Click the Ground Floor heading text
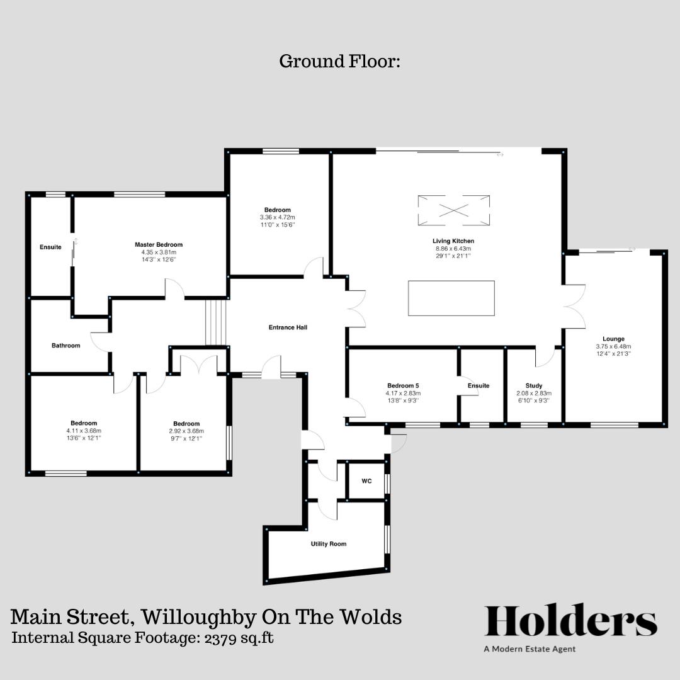point(339,62)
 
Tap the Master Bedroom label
point(159,244)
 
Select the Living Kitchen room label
point(453,241)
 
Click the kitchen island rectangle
point(451,298)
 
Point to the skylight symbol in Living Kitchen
point(454,210)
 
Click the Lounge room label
point(613,339)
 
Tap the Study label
point(534,386)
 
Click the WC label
point(366,481)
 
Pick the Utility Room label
point(329,543)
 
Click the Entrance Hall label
point(288,327)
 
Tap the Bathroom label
point(66,345)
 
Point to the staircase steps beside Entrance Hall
point(215,322)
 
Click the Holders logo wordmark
point(570,621)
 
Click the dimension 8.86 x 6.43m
point(453,249)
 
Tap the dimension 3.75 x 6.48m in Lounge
point(613,346)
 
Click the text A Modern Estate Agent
point(530,649)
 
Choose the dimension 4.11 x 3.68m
point(84,430)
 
